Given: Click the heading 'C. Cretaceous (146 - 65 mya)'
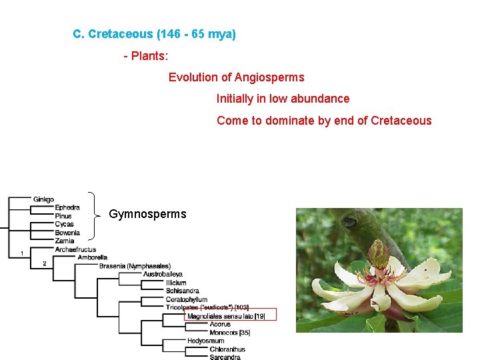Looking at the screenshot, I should pos(154,34).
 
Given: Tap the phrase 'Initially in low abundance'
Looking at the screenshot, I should pos(283,99).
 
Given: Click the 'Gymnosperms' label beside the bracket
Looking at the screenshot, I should pos(147,214).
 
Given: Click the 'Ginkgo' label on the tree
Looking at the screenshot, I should pos(43,199).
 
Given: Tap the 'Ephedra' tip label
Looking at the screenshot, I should pos(67,207).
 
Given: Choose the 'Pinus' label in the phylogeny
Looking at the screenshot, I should pos(63,216).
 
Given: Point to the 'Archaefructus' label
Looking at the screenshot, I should pos(75,249).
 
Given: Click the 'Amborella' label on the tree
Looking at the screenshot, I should pos(92,257).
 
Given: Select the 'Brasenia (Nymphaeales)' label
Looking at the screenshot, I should pos(135,266).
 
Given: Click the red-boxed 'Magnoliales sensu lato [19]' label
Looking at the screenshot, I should pos(226,316).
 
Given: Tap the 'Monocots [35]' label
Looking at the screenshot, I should pos(229,332).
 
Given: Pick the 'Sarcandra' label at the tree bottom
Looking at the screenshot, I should pos(225,357).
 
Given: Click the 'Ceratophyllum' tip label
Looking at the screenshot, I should pos(187,299).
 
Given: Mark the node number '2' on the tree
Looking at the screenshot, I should pos(44,263).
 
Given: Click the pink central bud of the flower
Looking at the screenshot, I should pos(378,254).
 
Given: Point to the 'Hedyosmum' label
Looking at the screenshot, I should pos(205,341).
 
